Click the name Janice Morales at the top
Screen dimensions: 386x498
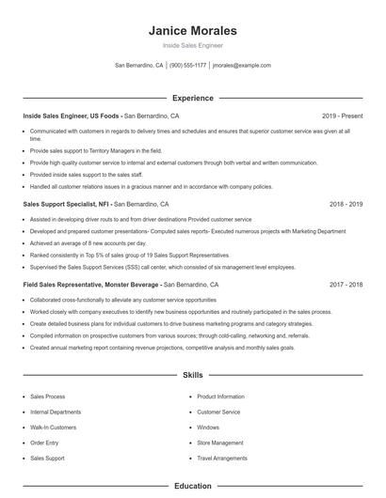192,30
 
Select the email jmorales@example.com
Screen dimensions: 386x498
242,66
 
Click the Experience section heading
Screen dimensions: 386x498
192,98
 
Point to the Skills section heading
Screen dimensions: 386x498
192,375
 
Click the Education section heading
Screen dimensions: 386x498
192,486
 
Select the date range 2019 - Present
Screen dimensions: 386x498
342,116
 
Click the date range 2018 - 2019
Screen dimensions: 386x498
346,204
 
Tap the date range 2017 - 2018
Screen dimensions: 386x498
346,284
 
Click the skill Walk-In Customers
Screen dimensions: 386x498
54,428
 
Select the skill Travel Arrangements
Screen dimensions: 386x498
222,458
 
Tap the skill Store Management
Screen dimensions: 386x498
220,443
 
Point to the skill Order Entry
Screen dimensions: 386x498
44,443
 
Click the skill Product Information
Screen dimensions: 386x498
221,397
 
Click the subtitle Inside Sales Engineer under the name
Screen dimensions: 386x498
192,45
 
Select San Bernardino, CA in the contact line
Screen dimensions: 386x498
138,66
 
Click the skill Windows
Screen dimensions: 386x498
208,428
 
